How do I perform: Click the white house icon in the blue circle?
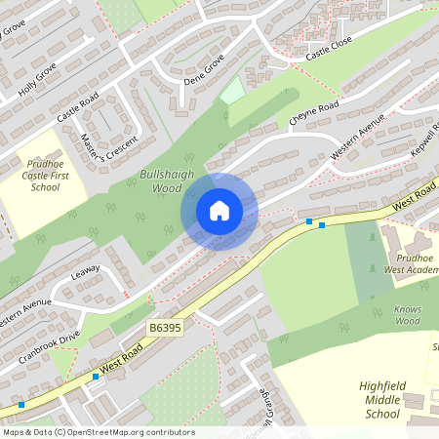(x=219, y=211)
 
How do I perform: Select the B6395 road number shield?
(x=167, y=330)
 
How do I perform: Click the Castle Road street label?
(x=77, y=106)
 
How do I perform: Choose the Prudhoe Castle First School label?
(x=46, y=174)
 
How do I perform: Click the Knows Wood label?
(x=407, y=314)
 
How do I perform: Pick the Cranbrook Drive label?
(x=49, y=346)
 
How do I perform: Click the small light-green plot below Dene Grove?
(x=231, y=91)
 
